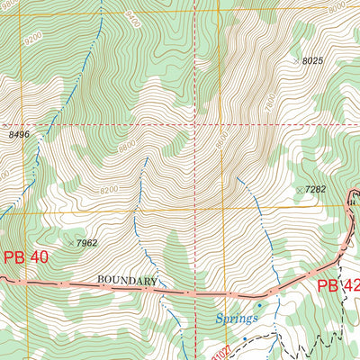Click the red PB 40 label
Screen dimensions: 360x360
point(24,257)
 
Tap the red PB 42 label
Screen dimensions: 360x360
point(337,287)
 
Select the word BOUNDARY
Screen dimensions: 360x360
point(128,281)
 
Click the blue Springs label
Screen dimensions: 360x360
point(237,319)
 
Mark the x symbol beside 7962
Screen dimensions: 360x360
point(71,242)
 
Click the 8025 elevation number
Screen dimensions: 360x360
point(312,61)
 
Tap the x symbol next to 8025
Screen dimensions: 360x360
point(296,60)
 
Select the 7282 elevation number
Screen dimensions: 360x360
point(314,190)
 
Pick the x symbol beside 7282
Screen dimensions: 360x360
point(299,190)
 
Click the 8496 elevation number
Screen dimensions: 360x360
point(19,135)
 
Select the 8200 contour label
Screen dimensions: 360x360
point(109,190)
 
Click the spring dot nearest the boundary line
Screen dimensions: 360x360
point(260,306)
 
